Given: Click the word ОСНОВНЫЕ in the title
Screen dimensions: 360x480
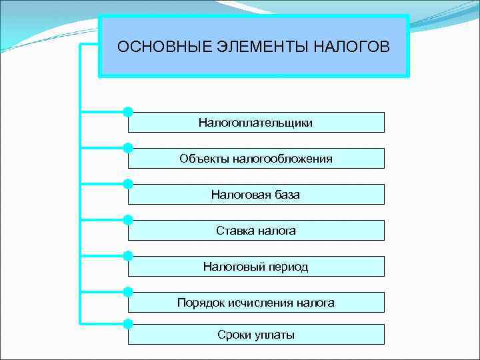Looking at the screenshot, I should click(154, 47).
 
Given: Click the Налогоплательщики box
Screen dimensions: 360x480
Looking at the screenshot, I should click(256, 123).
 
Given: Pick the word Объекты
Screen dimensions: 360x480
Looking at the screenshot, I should click(202, 159).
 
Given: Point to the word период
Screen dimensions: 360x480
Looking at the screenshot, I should click(287, 267).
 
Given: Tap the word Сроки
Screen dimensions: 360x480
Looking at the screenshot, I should click(233, 335).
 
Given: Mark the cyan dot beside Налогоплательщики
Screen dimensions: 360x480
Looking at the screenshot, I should click(128, 111).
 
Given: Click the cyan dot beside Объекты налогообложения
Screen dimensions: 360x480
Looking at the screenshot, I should click(128, 147).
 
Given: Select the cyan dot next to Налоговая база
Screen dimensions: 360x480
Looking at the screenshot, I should click(128, 183).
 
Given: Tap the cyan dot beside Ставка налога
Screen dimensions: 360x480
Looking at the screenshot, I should click(128, 219).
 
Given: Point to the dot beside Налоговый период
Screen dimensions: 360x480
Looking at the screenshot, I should click(128, 255).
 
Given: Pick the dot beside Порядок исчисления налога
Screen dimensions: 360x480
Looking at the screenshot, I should click(128, 291).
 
